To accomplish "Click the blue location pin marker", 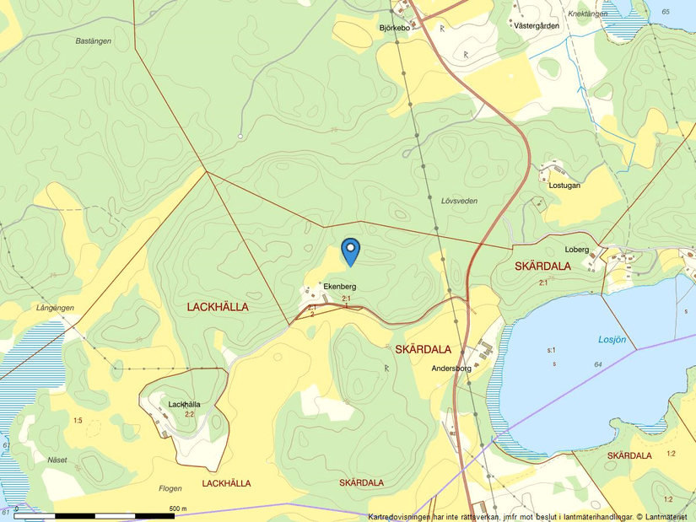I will click(350, 250).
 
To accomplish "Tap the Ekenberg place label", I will click(340, 287).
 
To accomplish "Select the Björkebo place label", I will click(394, 28).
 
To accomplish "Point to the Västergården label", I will click(537, 26).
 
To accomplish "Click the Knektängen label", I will click(588, 14).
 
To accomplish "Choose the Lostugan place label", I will click(564, 185).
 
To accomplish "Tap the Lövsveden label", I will click(459, 201).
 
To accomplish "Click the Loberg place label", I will click(576, 250).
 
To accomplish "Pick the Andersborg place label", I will click(451, 369).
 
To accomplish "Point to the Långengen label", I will click(55, 308).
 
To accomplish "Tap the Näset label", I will click(57, 460).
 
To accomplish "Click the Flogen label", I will click(170, 488).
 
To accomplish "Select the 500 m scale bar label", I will click(177, 509).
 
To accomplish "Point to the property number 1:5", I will click(78, 420).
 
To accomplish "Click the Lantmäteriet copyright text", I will click(666, 517).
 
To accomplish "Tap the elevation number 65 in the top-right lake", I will click(666, 11).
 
